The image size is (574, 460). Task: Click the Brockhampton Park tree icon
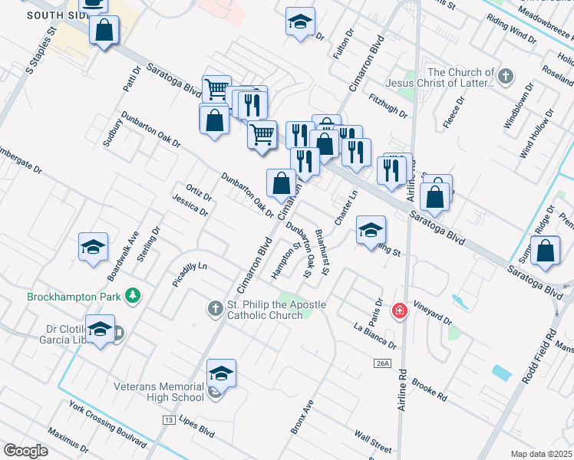134,295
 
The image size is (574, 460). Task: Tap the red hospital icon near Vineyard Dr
399,311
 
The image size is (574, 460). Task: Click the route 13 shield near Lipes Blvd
169,420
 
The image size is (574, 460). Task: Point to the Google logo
25,451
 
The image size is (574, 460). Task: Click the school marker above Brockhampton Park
93,247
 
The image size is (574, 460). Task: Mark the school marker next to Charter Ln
370,229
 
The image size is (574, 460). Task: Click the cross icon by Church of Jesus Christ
504,76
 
